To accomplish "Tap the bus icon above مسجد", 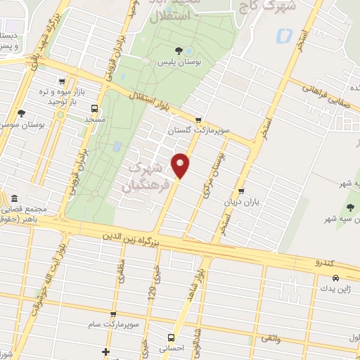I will point(94,108).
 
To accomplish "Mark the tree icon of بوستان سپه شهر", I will point(350,206).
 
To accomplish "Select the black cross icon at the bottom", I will point(105,352).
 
